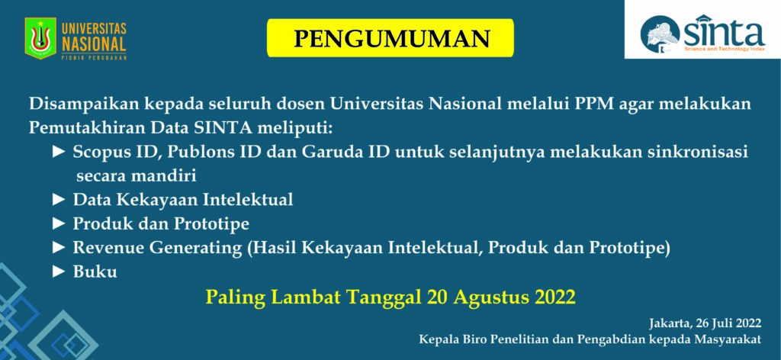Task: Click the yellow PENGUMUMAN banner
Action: [390, 38]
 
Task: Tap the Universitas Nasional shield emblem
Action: [40, 38]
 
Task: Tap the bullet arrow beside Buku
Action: [59, 272]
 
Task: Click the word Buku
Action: [95, 272]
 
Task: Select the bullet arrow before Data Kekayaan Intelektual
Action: [59, 200]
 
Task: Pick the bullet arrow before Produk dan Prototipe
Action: [59, 224]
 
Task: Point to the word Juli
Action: [723, 323]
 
